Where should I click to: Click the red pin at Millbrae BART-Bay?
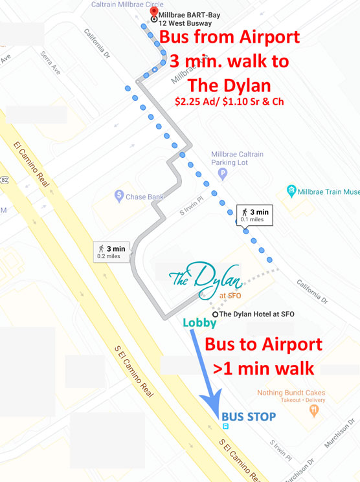pyautogui.click(x=153, y=11)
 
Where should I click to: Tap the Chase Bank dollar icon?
pyautogui.click(x=118, y=194)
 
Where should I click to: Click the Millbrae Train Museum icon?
pyautogui.click(x=292, y=192)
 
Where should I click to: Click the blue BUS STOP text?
pyautogui.click(x=248, y=415)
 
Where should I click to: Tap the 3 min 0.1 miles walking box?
pyautogui.click(x=256, y=215)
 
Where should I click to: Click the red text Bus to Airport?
pyautogui.click(x=263, y=344)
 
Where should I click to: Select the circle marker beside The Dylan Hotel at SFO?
pyautogui.click(x=214, y=314)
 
